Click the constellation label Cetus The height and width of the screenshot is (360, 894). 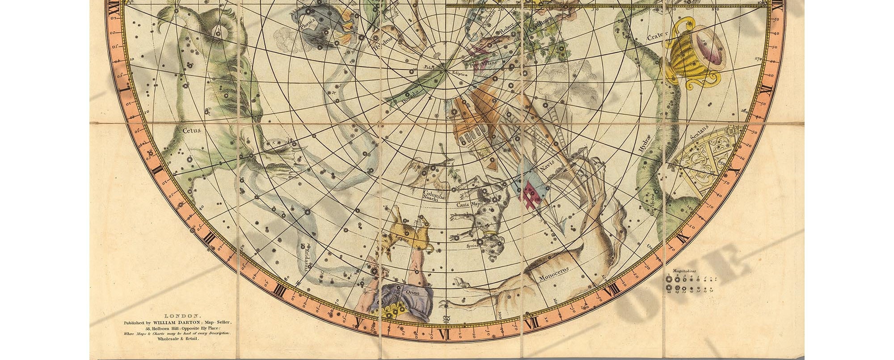(192, 131)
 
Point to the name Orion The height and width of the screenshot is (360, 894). (412, 292)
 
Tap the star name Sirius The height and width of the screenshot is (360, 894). (472, 245)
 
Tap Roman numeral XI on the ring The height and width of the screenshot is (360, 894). (765, 88)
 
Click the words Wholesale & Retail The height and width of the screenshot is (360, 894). (177, 339)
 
